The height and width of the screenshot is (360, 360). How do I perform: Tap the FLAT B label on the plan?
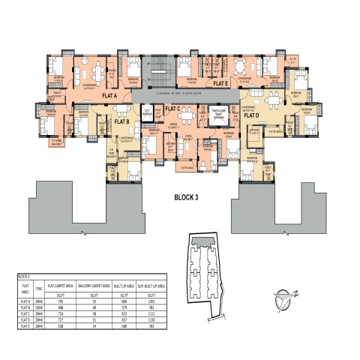pyautogui.click(x=121, y=121)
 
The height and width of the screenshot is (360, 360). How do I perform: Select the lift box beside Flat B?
pyautogui.click(x=148, y=113)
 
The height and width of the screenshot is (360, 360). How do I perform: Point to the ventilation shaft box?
pyautogui.click(x=219, y=113)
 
